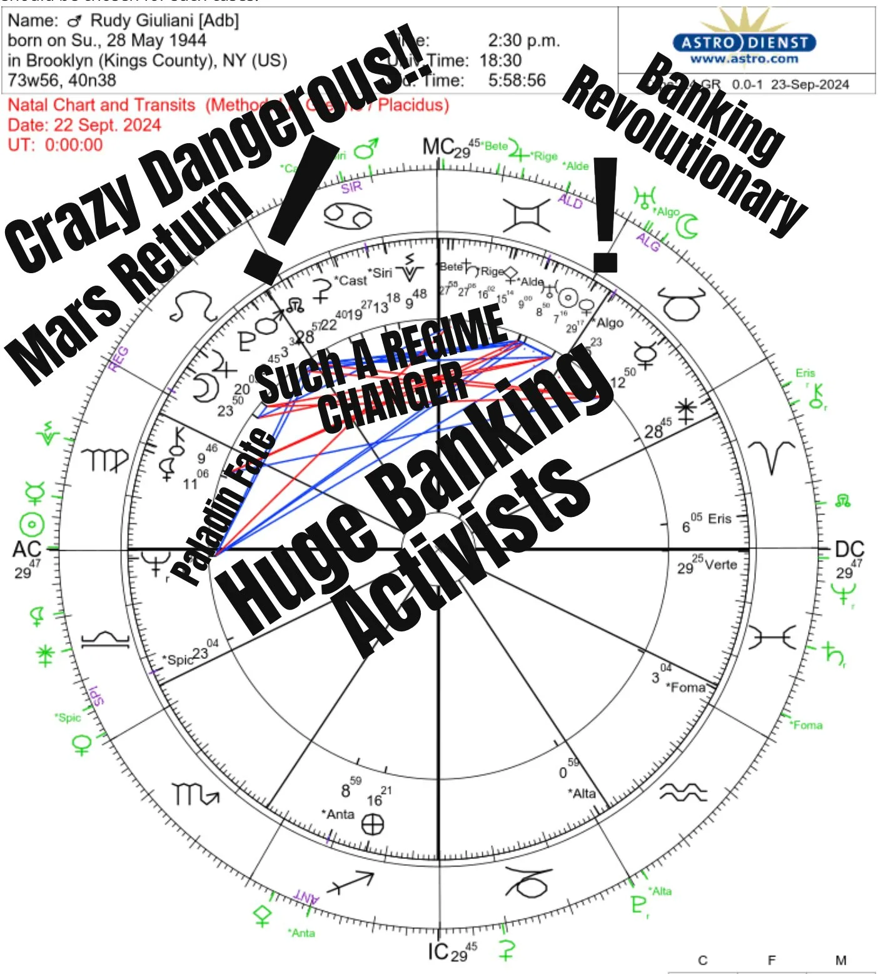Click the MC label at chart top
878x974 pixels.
437,147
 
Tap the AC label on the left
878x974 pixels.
26,550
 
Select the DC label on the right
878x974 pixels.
849,550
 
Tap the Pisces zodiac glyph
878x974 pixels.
772,638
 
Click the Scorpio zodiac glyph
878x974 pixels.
194,795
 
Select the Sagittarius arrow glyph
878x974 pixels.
351,882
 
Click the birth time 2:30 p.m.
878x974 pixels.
523,41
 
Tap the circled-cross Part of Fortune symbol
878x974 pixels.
373,825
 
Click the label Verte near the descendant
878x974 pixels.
720,565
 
